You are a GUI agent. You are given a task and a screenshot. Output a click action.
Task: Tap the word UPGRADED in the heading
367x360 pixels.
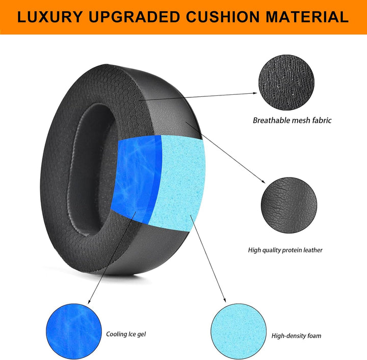coord(135,17)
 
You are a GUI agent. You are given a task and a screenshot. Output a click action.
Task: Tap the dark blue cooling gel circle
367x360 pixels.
coord(71,330)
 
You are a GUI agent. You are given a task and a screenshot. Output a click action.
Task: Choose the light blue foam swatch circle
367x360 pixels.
coord(236,330)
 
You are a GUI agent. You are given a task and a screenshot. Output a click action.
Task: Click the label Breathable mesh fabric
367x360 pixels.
coord(292,121)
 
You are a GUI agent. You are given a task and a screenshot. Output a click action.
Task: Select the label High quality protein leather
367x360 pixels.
coord(285,250)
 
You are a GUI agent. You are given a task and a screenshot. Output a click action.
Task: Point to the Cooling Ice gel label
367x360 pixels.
coord(126,334)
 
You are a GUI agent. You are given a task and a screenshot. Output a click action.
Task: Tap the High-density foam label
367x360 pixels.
coord(296,336)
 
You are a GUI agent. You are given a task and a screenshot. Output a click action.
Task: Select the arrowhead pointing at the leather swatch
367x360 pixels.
coord(264,184)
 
